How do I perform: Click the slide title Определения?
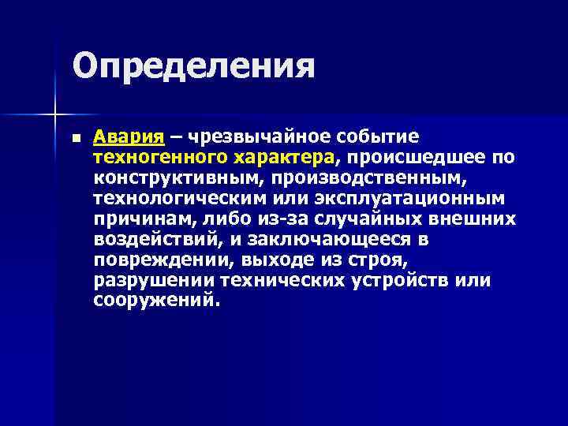tap(193, 65)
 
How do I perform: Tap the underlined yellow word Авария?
tap(128, 137)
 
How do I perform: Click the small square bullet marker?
tap(75, 138)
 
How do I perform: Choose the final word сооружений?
tap(152, 301)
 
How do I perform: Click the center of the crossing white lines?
tap(54, 115)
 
